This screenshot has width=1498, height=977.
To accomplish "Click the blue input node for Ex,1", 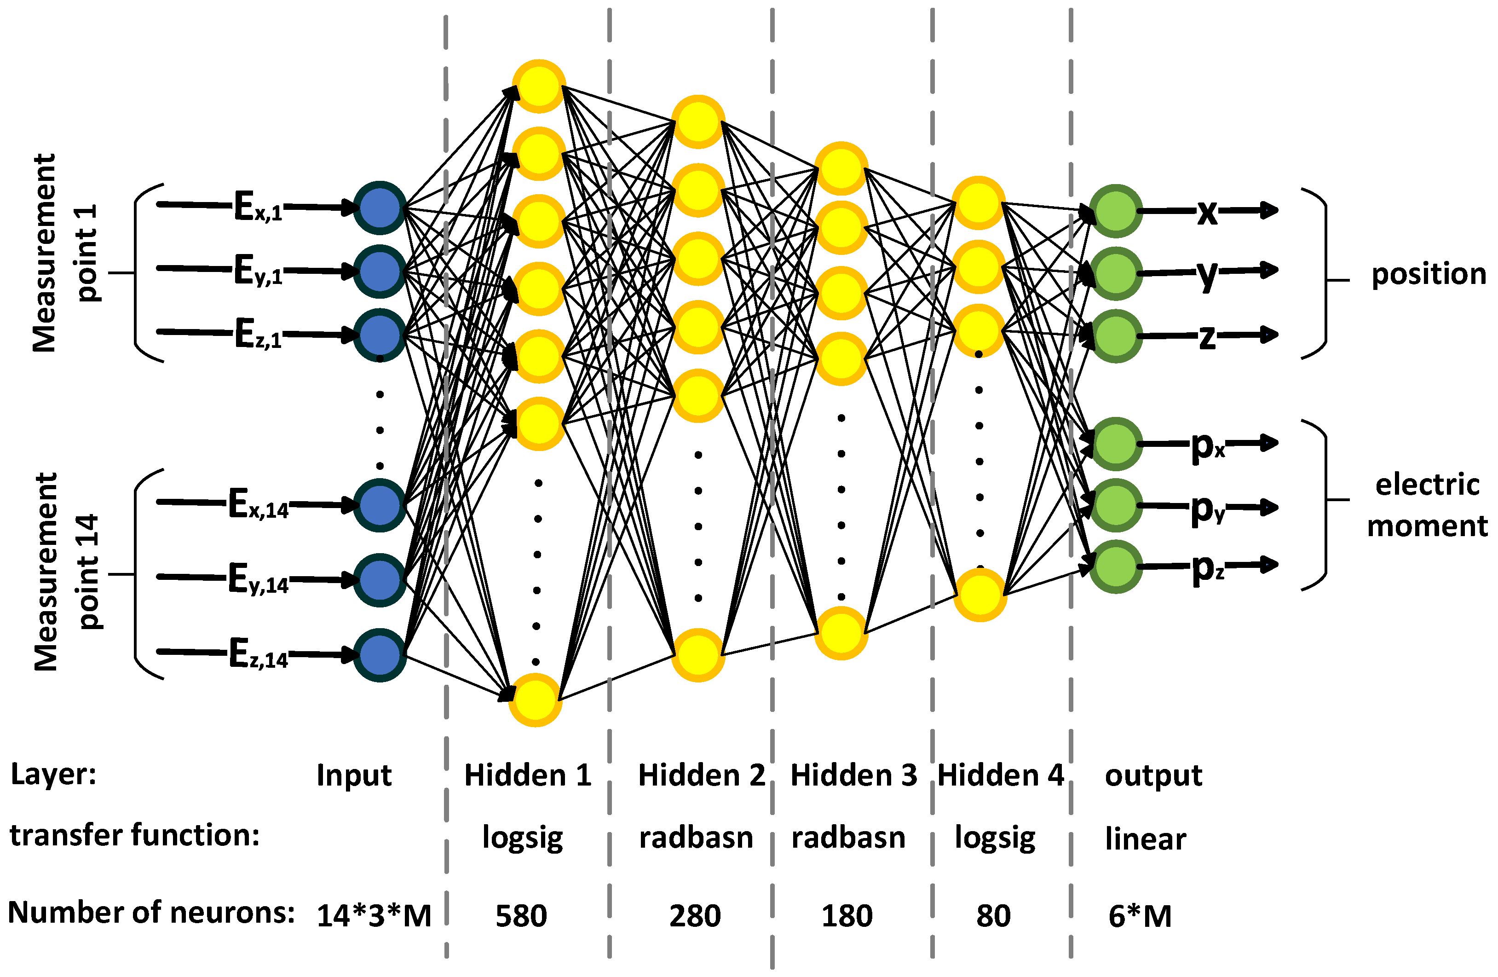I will click(380, 208).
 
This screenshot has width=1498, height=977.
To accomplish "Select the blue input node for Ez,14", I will click(380, 655).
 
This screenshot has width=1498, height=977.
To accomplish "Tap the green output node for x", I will click(1115, 211).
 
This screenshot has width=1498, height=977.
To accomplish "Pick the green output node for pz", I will click(1115, 567).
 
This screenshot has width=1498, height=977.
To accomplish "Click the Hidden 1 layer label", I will click(527, 775).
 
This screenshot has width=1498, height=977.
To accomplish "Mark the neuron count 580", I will click(521, 915).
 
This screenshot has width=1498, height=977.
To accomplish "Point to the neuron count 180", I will click(847, 915).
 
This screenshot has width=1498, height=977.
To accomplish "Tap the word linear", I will click(1146, 838).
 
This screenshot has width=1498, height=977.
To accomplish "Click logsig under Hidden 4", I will click(995, 838).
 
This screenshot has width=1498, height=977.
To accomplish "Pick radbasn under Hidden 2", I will click(696, 838).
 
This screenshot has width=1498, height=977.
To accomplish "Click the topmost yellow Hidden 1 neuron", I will click(539, 86).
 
